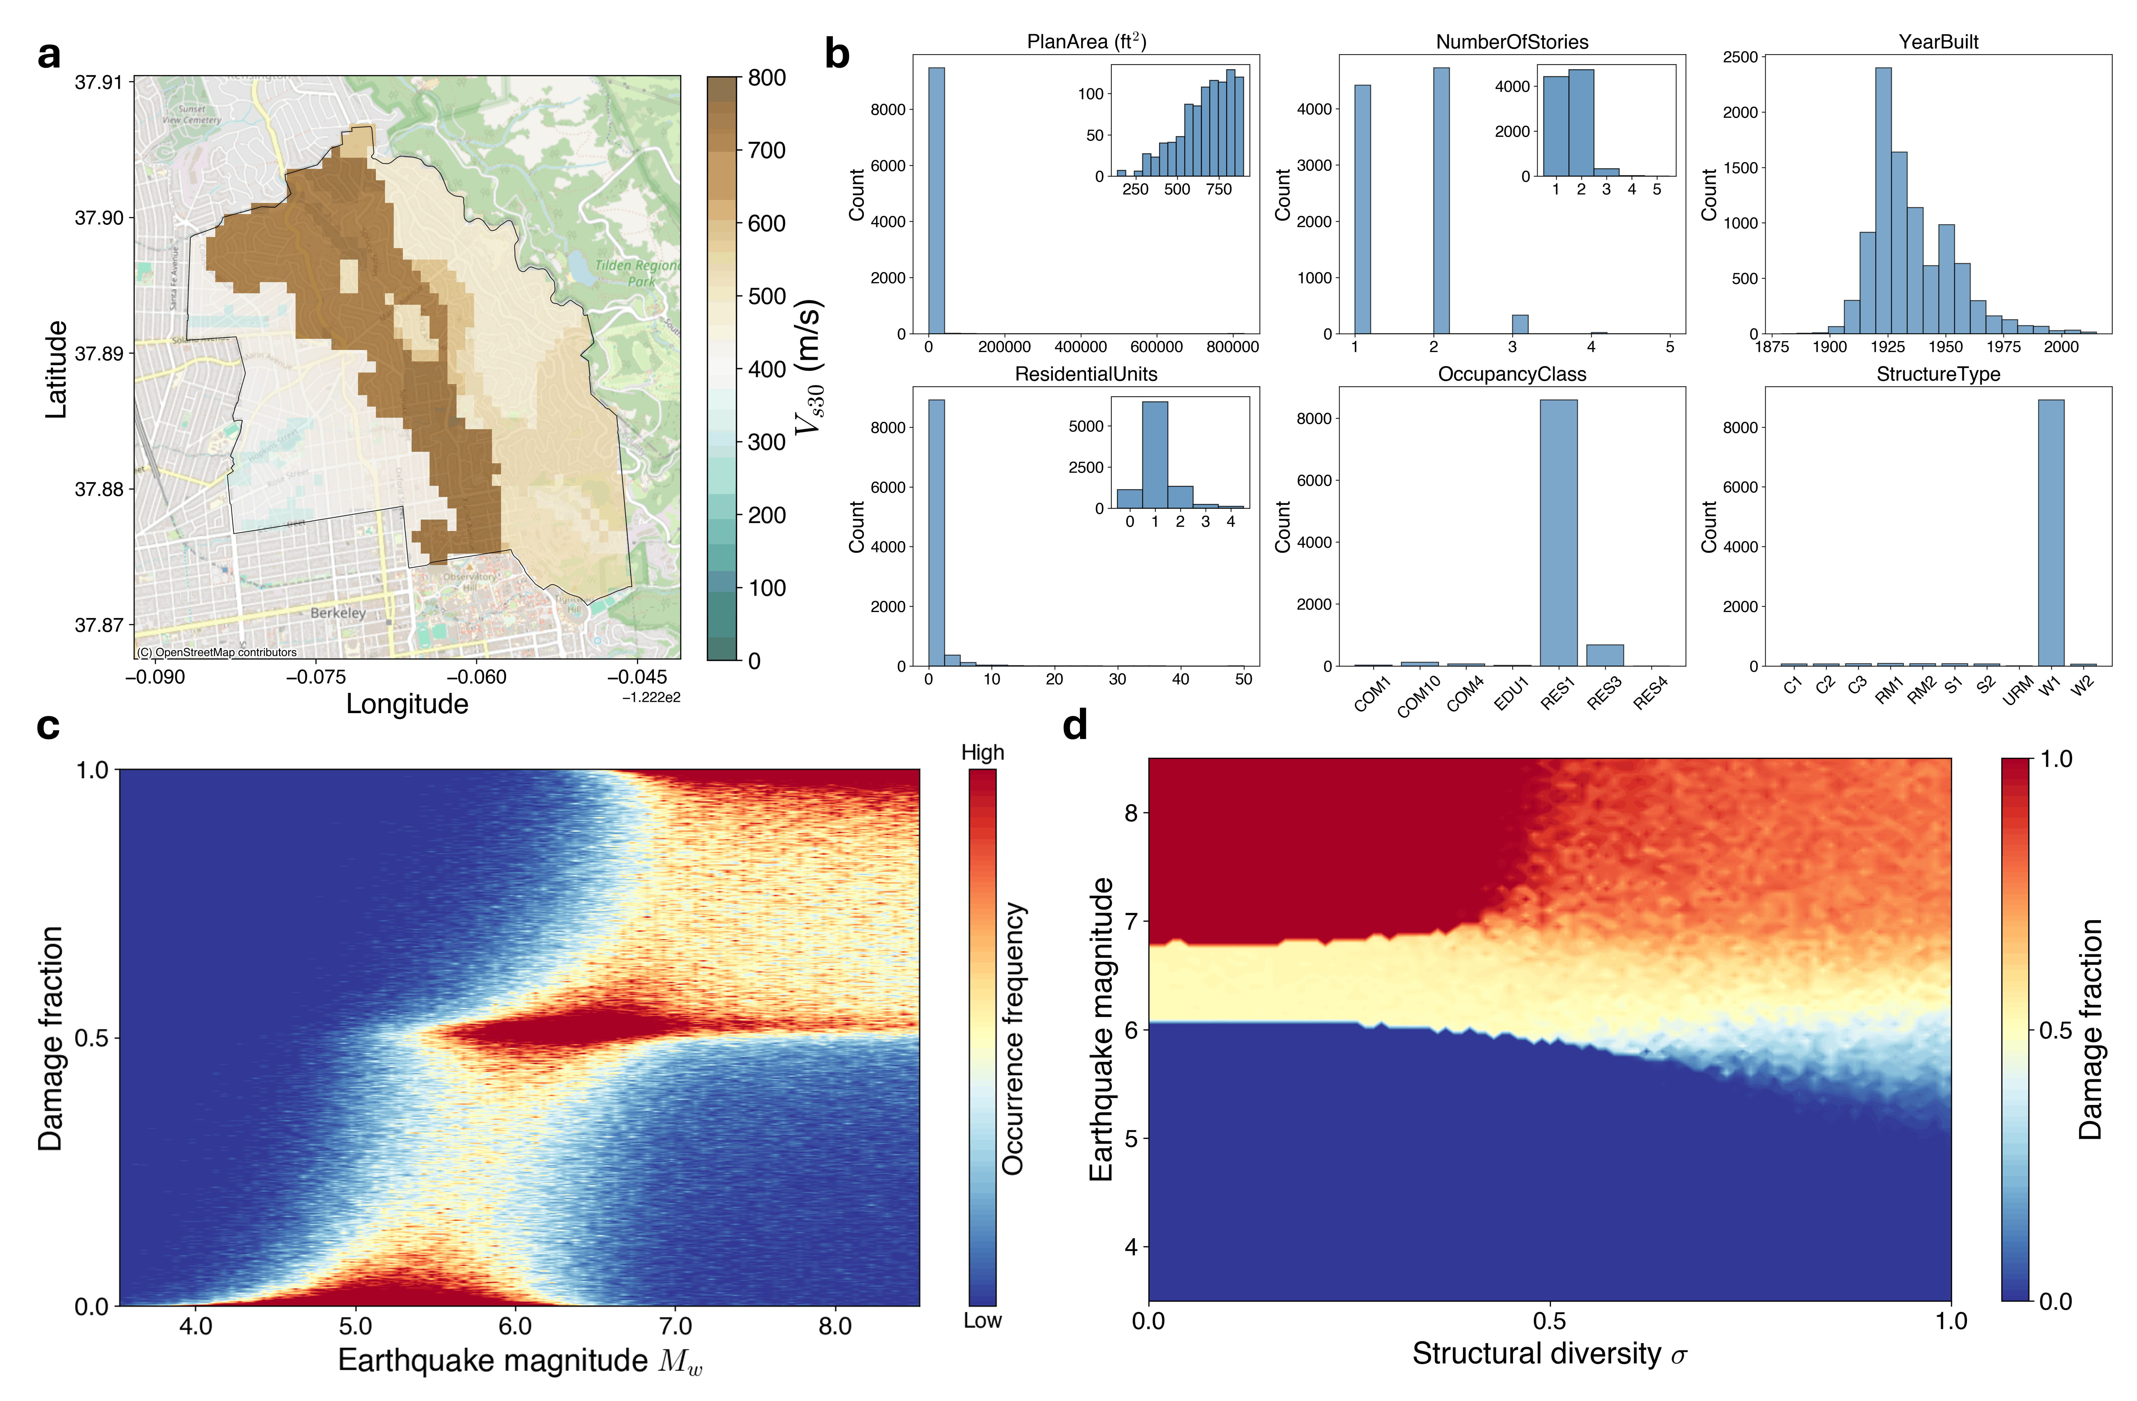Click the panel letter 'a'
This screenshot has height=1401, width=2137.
point(49,56)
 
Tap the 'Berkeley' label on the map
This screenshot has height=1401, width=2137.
point(338,613)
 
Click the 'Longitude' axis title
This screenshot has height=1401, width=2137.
point(407,704)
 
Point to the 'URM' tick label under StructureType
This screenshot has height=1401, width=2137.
point(2017,690)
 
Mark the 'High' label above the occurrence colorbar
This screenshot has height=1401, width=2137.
point(982,753)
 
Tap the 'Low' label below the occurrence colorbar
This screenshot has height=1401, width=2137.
point(982,1320)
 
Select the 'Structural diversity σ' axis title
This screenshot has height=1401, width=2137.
point(1549,1353)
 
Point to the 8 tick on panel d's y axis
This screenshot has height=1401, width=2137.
point(1130,813)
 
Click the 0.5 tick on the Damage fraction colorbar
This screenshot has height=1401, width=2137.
point(2055,1030)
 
